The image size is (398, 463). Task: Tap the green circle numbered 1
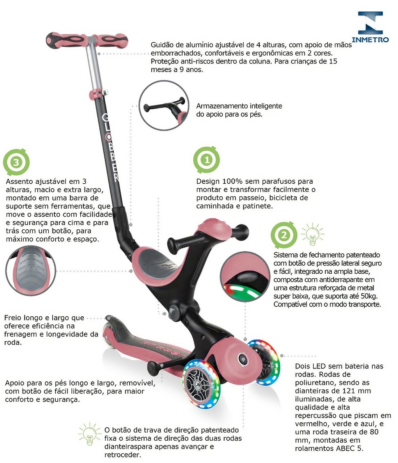tap(207, 160)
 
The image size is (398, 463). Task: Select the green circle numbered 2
tap(284, 235)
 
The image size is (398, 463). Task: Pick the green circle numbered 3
tap(16, 162)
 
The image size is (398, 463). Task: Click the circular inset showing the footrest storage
tap(164, 106)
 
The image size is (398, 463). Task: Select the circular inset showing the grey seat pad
tap(30, 270)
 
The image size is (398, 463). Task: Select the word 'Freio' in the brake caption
tap(13, 318)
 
